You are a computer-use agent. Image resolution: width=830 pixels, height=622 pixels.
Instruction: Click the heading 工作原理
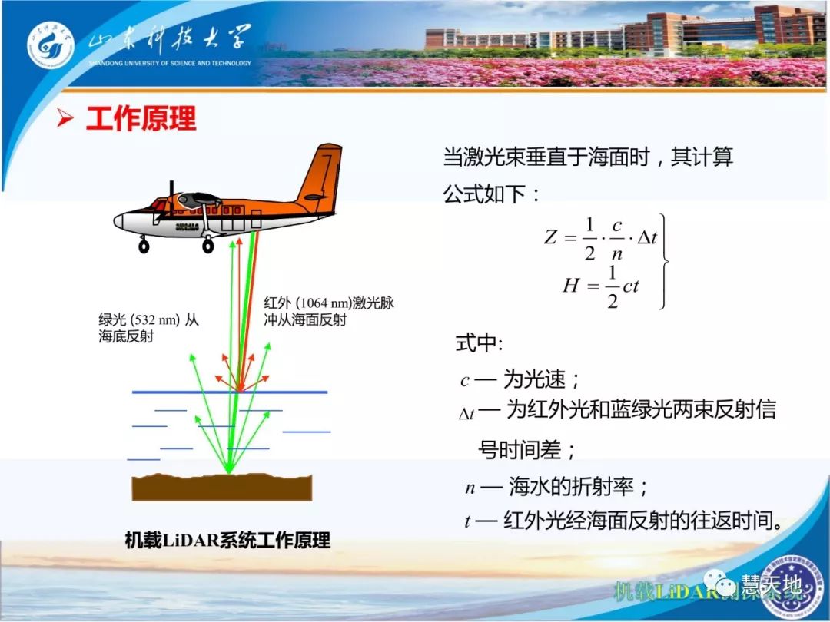[x=141, y=119]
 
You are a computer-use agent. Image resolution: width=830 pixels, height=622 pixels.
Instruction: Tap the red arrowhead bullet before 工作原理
[x=67, y=119]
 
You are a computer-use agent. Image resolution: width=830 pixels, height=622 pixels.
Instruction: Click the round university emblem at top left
[x=51, y=45]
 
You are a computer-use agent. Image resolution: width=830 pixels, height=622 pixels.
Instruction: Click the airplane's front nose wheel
[x=144, y=246]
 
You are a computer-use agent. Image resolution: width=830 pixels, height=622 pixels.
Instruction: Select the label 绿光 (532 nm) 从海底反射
[x=148, y=328]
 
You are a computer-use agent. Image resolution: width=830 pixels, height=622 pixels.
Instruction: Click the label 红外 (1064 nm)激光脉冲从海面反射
[x=329, y=310]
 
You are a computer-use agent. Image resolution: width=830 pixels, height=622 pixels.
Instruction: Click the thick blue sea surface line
[x=230, y=392]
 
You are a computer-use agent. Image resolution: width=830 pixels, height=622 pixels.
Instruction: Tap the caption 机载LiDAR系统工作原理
[x=227, y=540]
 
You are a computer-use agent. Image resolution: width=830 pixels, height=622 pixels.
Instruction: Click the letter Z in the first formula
[x=550, y=237]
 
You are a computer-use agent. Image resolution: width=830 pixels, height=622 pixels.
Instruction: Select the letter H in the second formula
[x=570, y=286]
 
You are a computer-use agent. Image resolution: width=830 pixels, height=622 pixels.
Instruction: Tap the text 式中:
[x=479, y=343]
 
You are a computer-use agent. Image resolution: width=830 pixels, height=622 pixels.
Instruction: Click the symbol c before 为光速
[x=464, y=381]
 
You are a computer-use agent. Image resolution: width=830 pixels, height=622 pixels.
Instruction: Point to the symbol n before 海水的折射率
[x=470, y=488]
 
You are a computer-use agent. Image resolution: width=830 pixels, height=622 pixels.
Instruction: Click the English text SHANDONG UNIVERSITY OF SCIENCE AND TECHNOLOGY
[x=169, y=63]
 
